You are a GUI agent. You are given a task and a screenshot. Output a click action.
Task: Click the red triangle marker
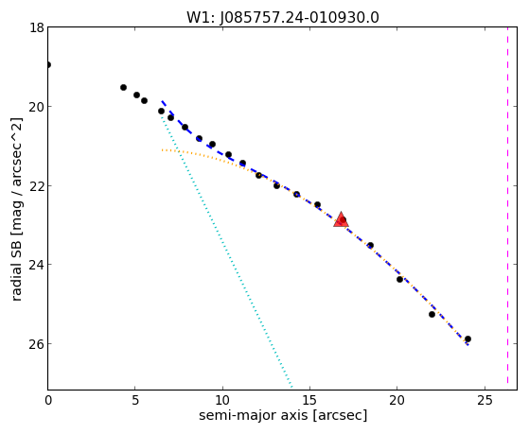(x=341, y=219)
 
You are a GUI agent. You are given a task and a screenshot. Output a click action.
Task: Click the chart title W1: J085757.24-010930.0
(x=283, y=18)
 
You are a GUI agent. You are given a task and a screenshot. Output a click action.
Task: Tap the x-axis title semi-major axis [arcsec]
(x=283, y=415)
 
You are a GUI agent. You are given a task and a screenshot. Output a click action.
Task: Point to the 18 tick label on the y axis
(x=37, y=27)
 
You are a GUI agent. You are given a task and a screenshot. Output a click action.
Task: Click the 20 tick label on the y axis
(x=37, y=107)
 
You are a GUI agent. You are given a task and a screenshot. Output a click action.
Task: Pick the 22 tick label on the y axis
(x=37, y=186)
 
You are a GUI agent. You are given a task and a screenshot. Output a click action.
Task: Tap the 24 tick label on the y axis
(x=37, y=265)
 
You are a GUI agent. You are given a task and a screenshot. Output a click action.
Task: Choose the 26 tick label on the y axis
(x=37, y=344)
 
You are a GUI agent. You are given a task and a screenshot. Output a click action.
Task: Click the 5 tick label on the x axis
(x=135, y=401)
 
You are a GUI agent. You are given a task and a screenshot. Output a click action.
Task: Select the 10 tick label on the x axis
(x=222, y=401)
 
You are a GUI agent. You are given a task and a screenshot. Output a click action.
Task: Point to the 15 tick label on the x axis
(x=309, y=401)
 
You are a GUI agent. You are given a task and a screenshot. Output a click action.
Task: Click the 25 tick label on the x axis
(x=485, y=401)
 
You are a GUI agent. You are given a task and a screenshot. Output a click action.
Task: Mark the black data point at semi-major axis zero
(x=48, y=64)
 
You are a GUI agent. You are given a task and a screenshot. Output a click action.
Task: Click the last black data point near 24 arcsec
(x=467, y=339)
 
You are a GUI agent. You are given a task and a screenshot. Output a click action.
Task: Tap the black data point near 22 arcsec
(x=432, y=314)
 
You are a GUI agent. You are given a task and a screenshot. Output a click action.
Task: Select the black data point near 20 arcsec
(x=399, y=279)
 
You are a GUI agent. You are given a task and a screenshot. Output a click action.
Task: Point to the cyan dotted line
(x=227, y=251)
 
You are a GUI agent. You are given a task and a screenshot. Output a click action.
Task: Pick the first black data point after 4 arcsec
(x=123, y=87)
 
